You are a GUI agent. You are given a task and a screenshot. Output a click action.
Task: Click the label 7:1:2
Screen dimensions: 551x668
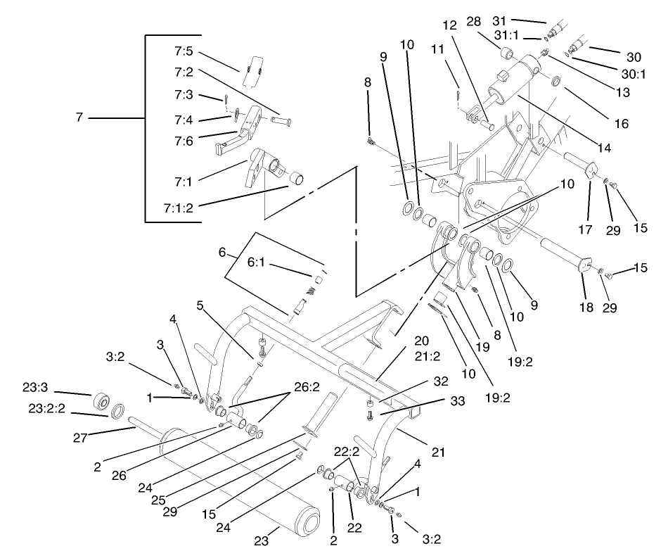[x=179, y=209]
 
